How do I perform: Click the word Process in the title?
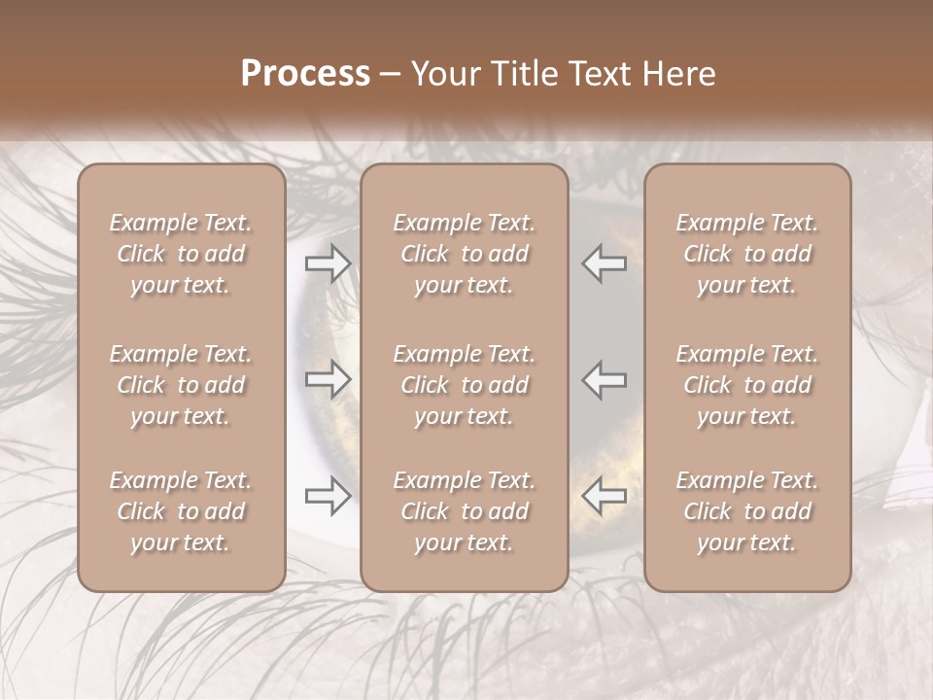pos(305,74)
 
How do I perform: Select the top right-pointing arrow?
pos(328,263)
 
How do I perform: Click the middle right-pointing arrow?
pos(328,379)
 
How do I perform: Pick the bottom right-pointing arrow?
pos(328,496)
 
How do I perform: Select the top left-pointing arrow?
pos(604,263)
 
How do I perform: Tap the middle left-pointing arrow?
pos(604,379)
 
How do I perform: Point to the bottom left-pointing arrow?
pos(604,496)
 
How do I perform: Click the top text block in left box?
pos(181,254)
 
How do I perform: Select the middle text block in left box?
pos(181,385)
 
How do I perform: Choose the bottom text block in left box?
pos(181,511)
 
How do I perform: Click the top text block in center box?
pos(464,254)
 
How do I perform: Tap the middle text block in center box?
pos(464,385)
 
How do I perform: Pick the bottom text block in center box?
pos(464,511)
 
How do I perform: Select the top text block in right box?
pos(746,254)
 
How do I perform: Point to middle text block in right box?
pos(746,385)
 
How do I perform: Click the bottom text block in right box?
pos(746,511)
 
